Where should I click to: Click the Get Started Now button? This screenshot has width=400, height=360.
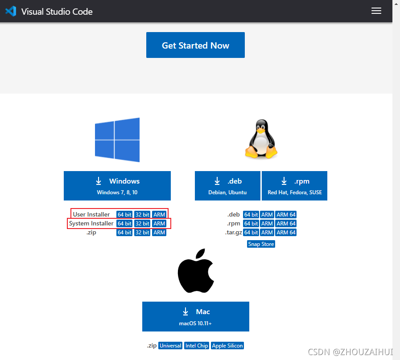click(x=195, y=45)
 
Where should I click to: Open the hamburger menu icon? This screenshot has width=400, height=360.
click(x=376, y=11)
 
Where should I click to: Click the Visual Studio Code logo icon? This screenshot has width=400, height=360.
click(x=11, y=11)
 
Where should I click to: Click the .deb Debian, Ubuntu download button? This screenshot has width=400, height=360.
click(x=227, y=186)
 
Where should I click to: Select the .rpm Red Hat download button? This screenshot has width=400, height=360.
click(x=294, y=186)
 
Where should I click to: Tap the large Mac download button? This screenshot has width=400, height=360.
click(x=195, y=316)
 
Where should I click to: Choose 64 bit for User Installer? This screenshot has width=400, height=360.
click(x=124, y=215)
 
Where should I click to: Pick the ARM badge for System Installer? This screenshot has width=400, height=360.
click(x=159, y=224)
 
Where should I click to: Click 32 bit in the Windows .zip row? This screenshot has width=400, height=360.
click(x=142, y=233)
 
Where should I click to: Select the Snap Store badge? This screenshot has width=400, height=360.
click(x=261, y=244)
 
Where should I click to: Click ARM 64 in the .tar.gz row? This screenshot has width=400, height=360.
click(x=286, y=233)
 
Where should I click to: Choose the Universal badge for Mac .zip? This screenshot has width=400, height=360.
click(x=170, y=346)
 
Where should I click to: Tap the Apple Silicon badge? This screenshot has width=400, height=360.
click(x=227, y=346)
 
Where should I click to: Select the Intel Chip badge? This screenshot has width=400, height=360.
click(x=197, y=346)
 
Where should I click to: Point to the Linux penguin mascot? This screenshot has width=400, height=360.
click(x=260, y=140)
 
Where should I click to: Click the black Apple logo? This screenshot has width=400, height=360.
click(x=195, y=271)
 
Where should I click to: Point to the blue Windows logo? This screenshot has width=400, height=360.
click(x=117, y=140)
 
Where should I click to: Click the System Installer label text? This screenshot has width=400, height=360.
click(x=91, y=224)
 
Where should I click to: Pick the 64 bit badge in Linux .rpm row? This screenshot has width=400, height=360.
click(x=251, y=224)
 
